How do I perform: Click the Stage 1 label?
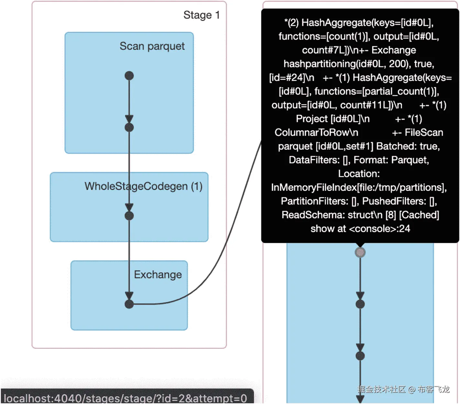202,15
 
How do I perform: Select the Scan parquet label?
152,46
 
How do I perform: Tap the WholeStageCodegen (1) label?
143,186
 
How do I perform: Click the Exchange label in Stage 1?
158,275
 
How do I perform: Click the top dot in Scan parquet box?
129,76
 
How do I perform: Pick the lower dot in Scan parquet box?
129,127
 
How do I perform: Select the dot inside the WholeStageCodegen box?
129,216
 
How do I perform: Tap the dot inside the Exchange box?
129,304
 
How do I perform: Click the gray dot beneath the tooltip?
360,252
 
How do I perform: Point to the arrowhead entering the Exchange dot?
129,295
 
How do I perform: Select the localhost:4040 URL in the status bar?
125,398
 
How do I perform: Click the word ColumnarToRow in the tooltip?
316,132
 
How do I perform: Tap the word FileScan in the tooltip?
424,132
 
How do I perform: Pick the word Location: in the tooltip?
359,174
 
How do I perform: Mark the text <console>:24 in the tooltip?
379,229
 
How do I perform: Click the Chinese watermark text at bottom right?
403,389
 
